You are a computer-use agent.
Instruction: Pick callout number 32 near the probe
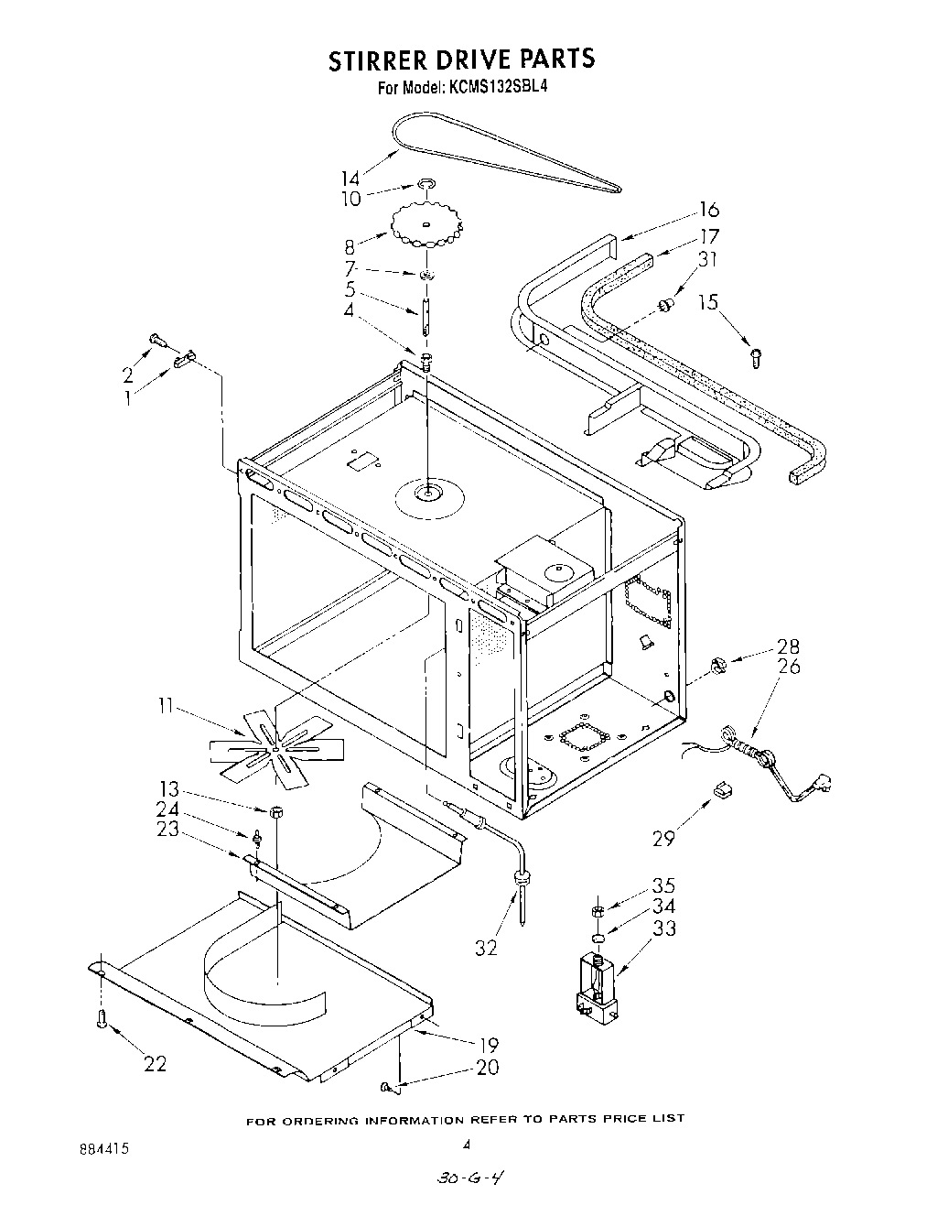[486, 948]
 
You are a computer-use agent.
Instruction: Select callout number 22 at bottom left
[156, 1063]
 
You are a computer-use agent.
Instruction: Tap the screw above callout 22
[103, 1017]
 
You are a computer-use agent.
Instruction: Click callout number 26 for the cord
[788, 666]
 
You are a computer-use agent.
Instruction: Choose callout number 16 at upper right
[709, 211]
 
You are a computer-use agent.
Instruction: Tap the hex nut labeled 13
[275, 810]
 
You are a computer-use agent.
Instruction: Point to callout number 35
[663, 885]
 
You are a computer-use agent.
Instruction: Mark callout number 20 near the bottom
[487, 1067]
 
